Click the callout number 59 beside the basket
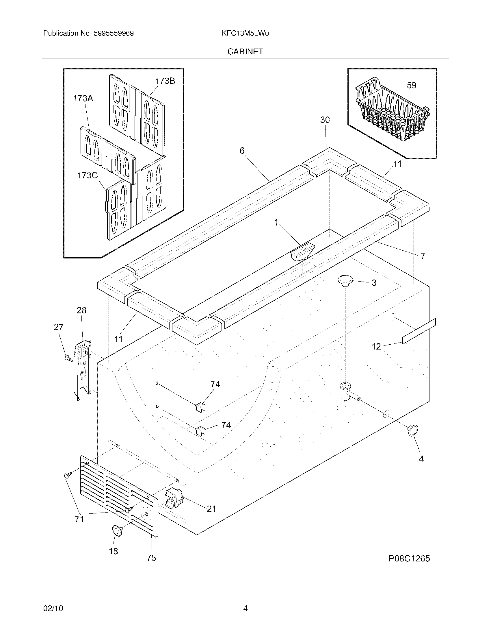[411, 85]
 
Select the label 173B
[165, 81]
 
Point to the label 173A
[83, 98]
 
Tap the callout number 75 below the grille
[151, 558]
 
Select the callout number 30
[325, 120]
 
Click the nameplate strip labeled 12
[419, 331]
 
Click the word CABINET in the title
[245, 51]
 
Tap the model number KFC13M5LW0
[245, 34]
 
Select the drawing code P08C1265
[409, 559]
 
